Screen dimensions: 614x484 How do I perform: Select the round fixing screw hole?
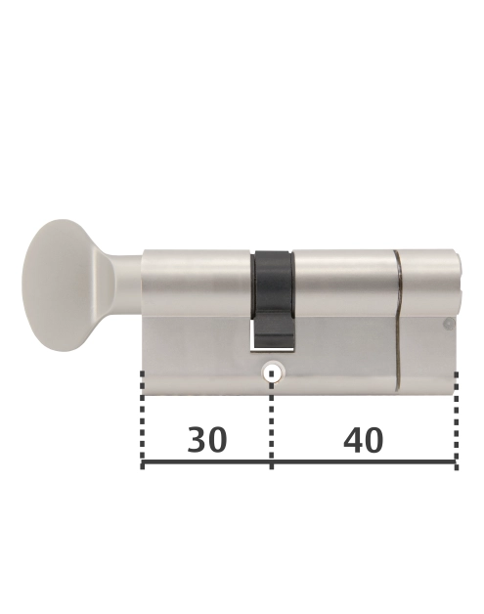point(272,373)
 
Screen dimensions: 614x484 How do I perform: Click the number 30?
point(207,441)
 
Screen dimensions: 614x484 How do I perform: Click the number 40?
point(364,441)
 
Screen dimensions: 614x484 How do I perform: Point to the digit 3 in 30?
point(196,441)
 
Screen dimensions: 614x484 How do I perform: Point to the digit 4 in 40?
point(352,441)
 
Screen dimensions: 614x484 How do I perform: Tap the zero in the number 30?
point(218,441)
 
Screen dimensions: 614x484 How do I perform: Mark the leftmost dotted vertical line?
point(143,420)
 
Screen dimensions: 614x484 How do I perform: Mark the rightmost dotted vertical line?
point(456,420)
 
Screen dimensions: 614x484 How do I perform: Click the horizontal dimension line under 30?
point(207,463)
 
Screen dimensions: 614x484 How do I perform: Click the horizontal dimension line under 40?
point(364,463)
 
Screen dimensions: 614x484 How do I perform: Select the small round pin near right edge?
point(448,324)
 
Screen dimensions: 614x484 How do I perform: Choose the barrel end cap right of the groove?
point(428,284)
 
